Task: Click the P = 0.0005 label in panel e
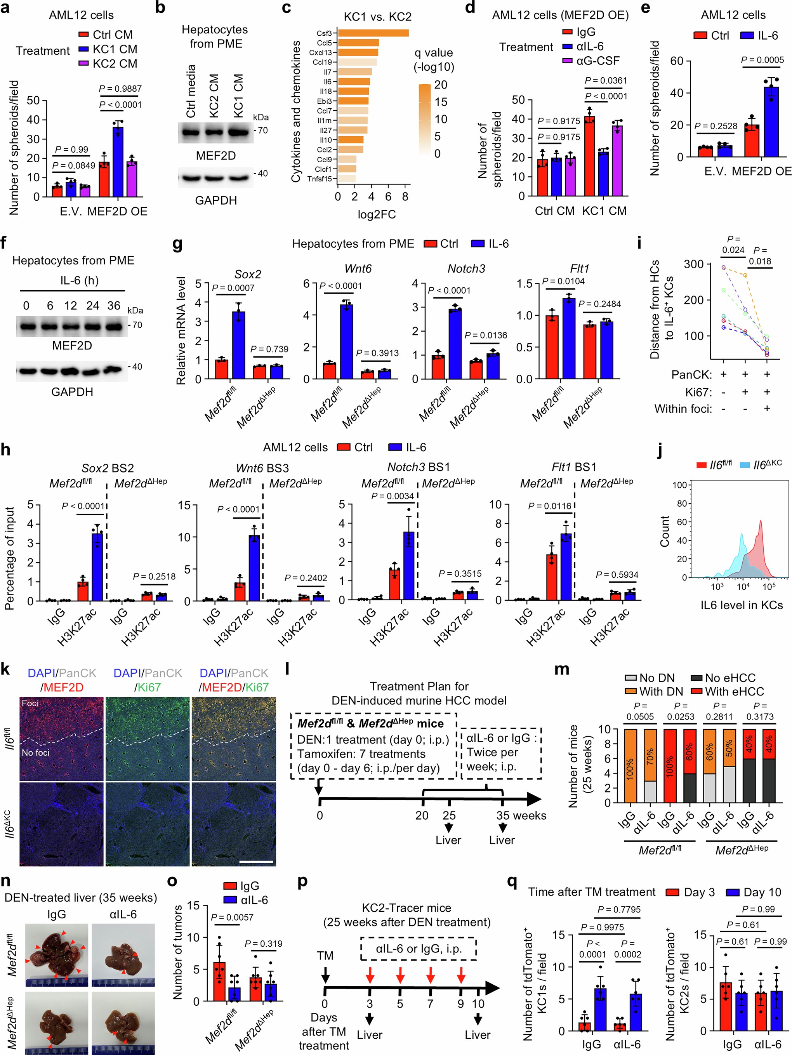[762, 60]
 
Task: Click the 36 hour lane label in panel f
[113, 306]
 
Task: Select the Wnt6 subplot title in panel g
[358, 269]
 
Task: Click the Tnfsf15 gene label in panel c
[320, 179]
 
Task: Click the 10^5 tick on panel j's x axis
[769, 587]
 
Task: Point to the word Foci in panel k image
[30, 704]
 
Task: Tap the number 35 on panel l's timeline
[502, 815]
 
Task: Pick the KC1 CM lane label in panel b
[238, 96]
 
